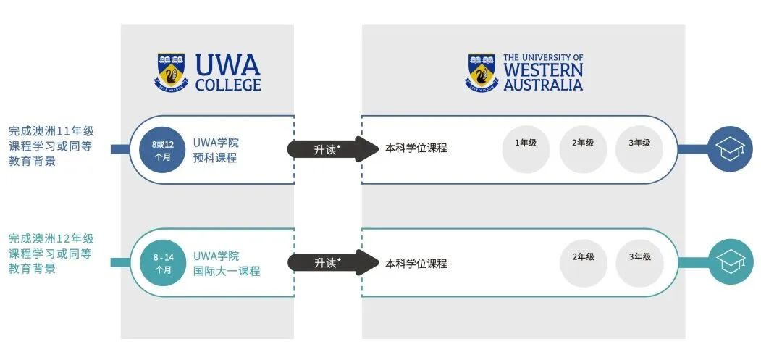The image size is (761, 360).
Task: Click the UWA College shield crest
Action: (171, 72)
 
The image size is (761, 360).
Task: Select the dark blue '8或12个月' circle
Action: (161, 150)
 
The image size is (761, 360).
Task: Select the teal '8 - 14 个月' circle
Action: (161, 263)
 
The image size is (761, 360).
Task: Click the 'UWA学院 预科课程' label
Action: (215, 150)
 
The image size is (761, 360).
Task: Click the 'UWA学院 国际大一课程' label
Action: (227, 263)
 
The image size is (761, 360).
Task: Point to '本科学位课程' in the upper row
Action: (416, 148)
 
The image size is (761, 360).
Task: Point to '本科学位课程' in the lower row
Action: (416, 263)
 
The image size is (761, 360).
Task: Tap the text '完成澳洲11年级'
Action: (51, 132)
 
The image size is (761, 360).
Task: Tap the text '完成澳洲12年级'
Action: (51, 238)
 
